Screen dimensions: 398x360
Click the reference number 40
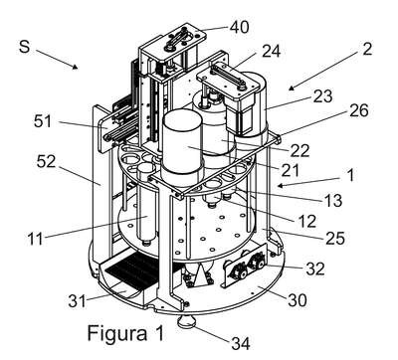239,27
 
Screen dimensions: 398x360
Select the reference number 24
272,52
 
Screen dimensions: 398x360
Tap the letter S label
25,46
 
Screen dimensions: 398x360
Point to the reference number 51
43,121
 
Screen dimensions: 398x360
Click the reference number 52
46,161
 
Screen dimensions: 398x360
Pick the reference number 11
35,239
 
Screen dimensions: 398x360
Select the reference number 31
77,301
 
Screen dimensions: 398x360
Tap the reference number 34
241,343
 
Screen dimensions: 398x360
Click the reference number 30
298,300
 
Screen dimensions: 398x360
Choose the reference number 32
315,269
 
